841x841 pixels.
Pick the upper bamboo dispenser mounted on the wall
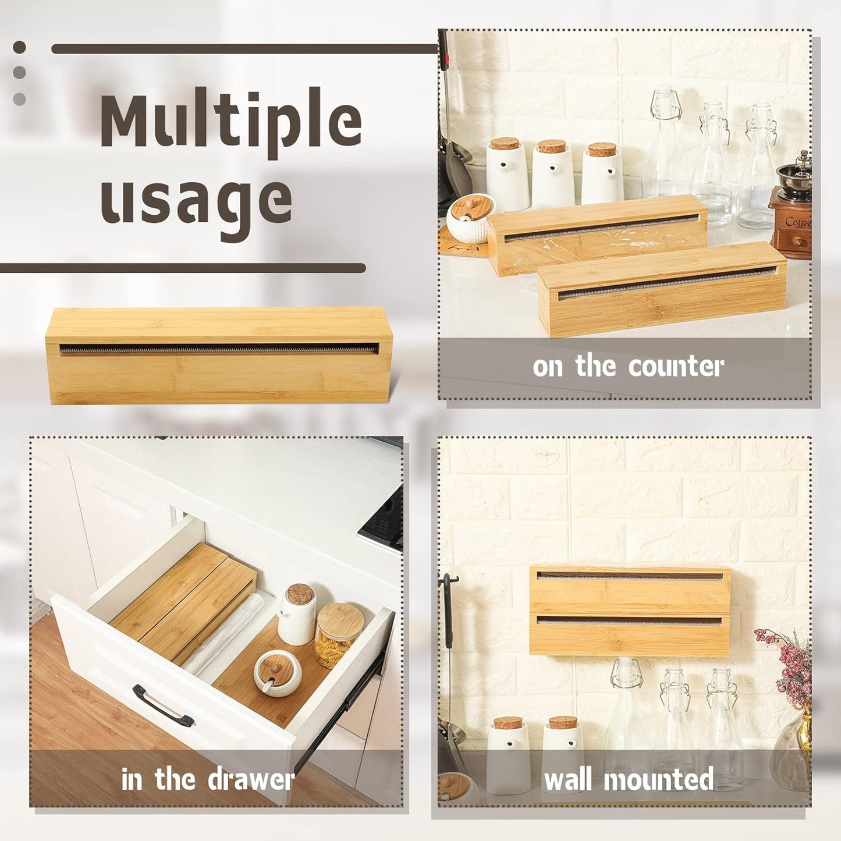coord(630,589)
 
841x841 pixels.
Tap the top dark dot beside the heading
coord(19,47)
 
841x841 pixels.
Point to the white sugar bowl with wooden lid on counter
coord(470,218)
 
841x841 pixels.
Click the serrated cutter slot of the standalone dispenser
coord(218,350)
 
